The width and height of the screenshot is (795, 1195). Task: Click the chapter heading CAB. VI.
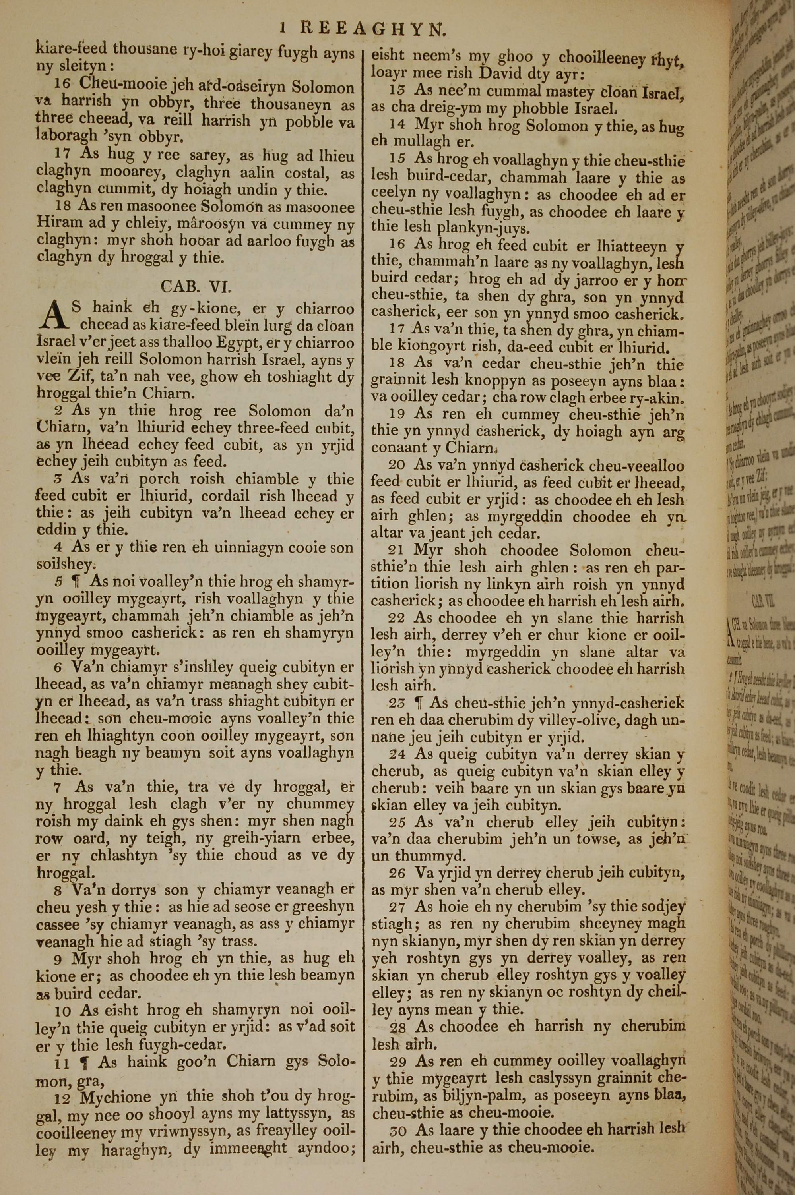tap(196, 287)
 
